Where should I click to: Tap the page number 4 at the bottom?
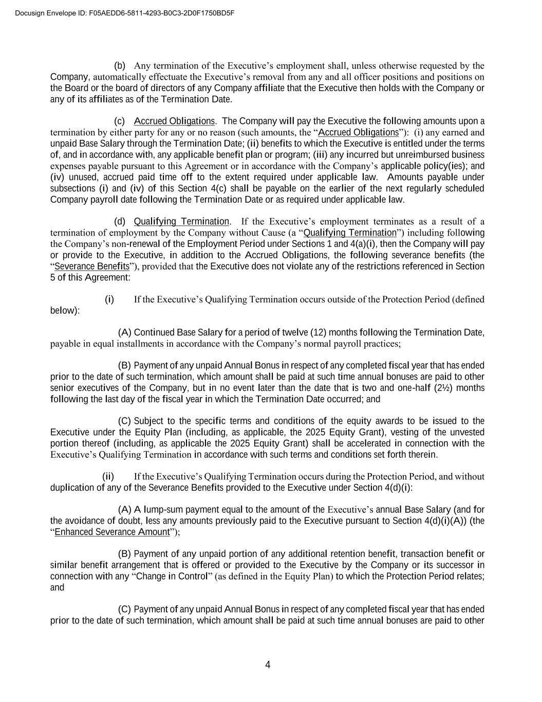tap(268, 665)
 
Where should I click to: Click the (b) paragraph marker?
tap(119, 65)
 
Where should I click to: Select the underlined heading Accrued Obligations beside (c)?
tap(174, 121)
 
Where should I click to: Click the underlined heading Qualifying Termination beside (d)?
tap(181, 222)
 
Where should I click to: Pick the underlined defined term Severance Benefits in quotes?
tap(92, 266)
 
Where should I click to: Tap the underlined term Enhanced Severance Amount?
tap(112, 532)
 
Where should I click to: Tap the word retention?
tap(368, 554)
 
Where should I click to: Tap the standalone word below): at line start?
tap(65, 311)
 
